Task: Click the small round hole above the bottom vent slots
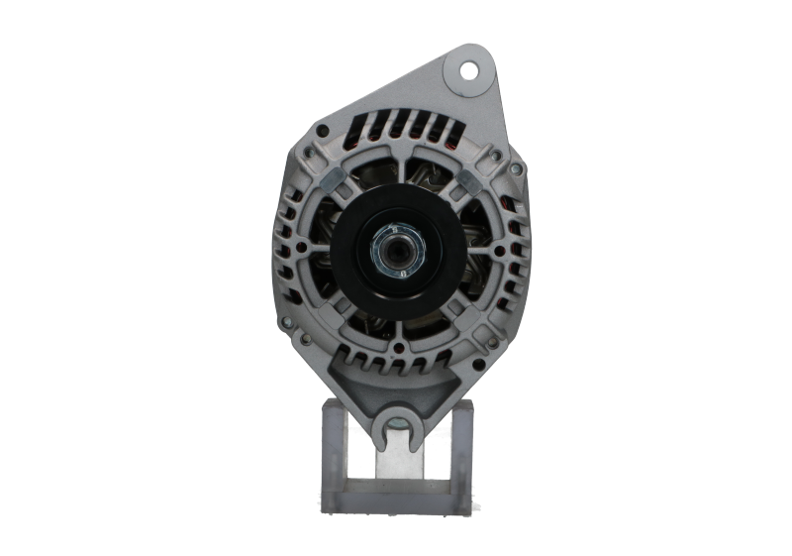click(397, 348)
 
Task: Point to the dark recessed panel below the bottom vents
click(397, 382)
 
